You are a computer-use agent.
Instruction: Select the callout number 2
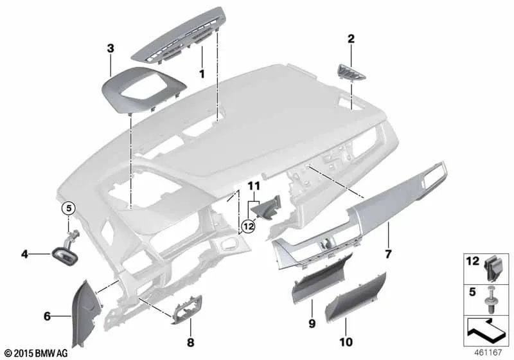[351, 39]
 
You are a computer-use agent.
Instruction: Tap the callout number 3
[111, 48]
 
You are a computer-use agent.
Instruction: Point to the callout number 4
[24, 254]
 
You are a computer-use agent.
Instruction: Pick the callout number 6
[47, 316]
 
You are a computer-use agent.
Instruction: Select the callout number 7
[387, 255]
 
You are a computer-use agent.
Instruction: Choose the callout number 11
[254, 186]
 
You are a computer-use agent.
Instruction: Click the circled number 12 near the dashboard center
[249, 225]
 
